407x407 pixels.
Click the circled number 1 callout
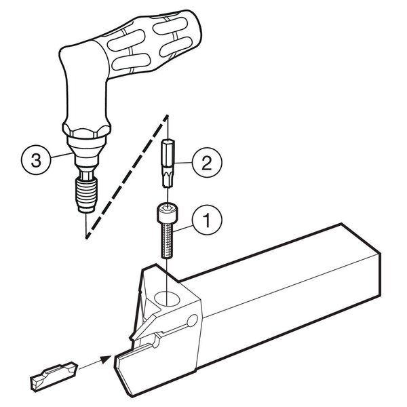click(x=207, y=220)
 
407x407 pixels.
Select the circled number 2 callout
click(x=207, y=163)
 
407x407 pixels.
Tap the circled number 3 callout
click(x=36, y=159)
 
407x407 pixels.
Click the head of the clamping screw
click(x=168, y=213)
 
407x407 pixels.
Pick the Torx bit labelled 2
click(x=168, y=163)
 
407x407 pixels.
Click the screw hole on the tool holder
click(x=167, y=298)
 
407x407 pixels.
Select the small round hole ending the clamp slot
click(x=193, y=321)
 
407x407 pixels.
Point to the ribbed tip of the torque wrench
click(x=86, y=195)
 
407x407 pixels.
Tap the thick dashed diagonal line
click(x=128, y=176)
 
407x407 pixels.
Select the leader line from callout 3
click(x=61, y=156)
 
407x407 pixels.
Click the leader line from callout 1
click(x=182, y=229)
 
